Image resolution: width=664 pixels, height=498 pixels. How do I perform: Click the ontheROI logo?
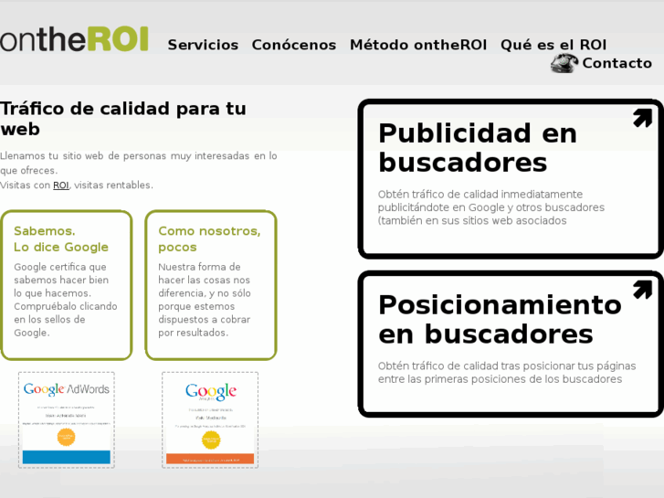pyautogui.click(x=74, y=39)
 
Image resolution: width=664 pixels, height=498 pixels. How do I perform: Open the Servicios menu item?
pyautogui.click(x=203, y=45)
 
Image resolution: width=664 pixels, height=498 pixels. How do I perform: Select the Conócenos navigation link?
pyautogui.click(x=293, y=45)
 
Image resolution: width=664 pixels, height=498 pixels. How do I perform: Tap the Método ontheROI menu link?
pyautogui.click(x=417, y=45)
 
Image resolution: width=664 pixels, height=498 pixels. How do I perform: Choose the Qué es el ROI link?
pyautogui.click(x=553, y=45)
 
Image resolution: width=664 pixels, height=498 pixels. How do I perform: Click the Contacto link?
pyautogui.click(x=617, y=63)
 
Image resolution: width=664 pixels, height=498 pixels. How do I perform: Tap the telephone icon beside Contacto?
pyautogui.click(x=564, y=63)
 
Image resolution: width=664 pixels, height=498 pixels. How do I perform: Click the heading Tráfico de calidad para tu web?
pyautogui.click(x=122, y=119)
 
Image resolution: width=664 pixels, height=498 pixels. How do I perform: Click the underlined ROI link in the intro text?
pyautogui.click(x=61, y=185)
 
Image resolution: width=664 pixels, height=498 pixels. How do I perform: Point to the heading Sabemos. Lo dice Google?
pyautogui.click(x=61, y=238)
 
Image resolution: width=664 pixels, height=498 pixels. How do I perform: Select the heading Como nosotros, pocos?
pyautogui.click(x=209, y=238)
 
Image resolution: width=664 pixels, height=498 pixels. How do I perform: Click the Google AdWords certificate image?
pyautogui.click(x=66, y=419)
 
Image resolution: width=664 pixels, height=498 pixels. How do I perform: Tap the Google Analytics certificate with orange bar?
pyautogui.click(x=210, y=419)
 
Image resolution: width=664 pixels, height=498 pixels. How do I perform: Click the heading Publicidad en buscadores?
pyautogui.click(x=477, y=148)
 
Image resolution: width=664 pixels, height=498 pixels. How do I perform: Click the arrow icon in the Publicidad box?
pyautogui.click(x=642, y=118)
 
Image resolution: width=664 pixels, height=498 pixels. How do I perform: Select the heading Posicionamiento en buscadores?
pyautogui.click(x=499, y=319)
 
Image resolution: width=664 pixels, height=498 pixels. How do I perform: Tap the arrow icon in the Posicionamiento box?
pyautogui.click(x=642, y=290)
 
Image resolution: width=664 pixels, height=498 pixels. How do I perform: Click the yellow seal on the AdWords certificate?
pyautogui.click(x=66, y=436)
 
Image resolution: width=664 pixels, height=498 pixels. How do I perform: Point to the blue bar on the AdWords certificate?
pyautogui.click(x=66, y=456)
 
